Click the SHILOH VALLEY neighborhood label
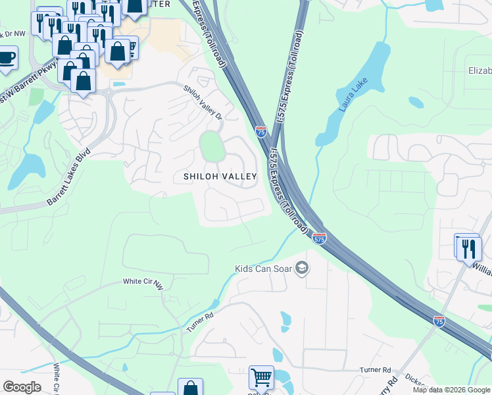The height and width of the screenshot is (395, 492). pyautogui.click(x=220, y=176)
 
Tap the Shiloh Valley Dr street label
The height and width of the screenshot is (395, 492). pyautogui.click(x=203, y=103)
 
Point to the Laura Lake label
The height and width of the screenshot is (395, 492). pyautogui.click(x=352, y=95)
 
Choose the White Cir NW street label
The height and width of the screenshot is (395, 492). pyautogui.click(x=143, y=282)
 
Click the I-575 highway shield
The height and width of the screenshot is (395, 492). pyautogui.click(x=319, y=238)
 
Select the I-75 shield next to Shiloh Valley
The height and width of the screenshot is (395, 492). pyautogui.click(x=261, y=132)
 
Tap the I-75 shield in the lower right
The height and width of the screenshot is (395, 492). pyautogui.click(x=439, y=321)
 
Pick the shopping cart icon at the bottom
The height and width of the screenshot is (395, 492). pyautogui.click(x=261, y=378)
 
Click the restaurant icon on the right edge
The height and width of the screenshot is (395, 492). pyautogui.click(x=468, y=248)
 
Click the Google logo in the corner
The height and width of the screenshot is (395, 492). pyautogui.click(x=22, y=386)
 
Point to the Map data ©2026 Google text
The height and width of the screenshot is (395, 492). pyautogui.click(x=451, y=390)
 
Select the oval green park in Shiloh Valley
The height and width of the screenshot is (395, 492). pyautogui.click(x=212, y=146)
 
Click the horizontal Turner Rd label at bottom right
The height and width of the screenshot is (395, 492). pyautogui.click(x=375, y=370)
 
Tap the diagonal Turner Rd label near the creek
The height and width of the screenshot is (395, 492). pyautogui.click(x=201, y=322)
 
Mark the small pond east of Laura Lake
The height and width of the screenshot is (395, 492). pyautogui.click(x=416, y=102)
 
